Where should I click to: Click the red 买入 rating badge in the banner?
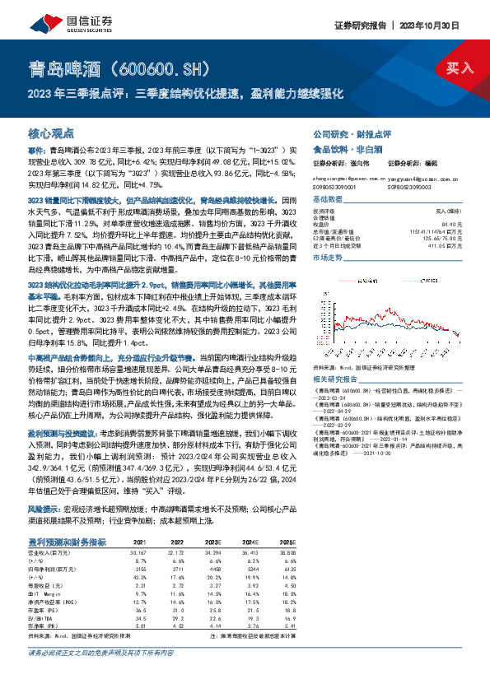[x=460, y=67]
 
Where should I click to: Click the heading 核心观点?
[x=51, y=133]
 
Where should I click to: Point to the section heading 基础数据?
[x=327, y=201]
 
